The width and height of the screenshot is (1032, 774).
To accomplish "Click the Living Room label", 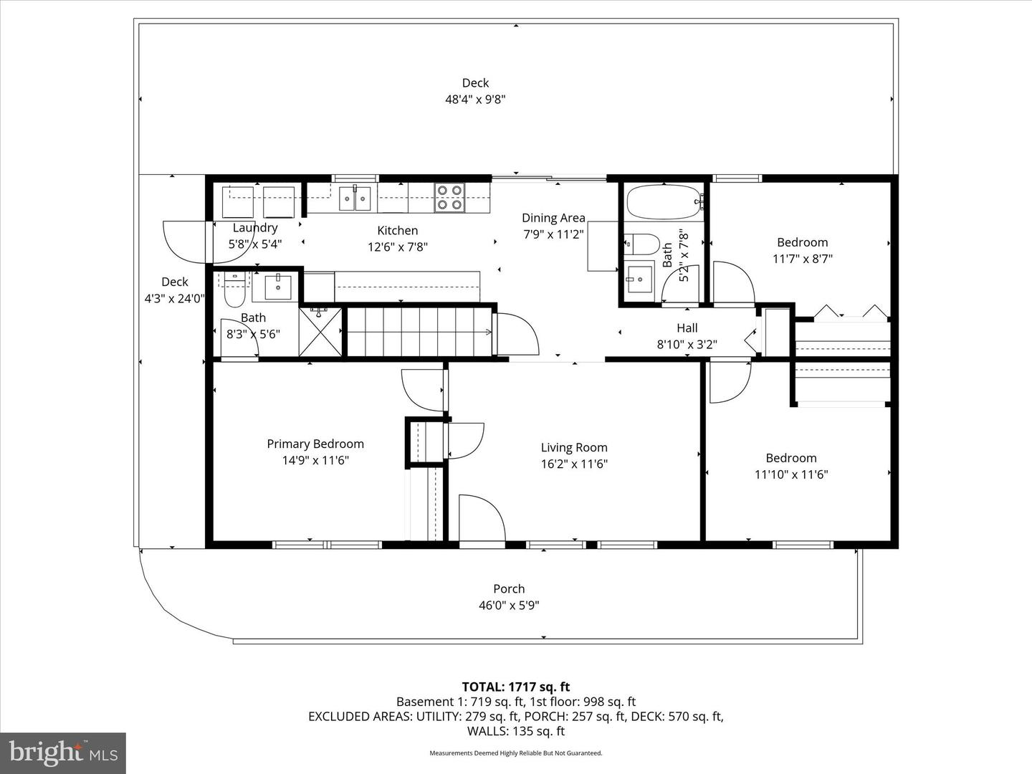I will pos(574,448).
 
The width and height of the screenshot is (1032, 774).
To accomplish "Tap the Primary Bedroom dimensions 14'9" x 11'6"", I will pos(315,460).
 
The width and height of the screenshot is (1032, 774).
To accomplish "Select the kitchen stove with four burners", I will pos(449,198).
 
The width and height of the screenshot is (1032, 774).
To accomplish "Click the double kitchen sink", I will pos(355,198).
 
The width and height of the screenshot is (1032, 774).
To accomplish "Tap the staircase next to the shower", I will pos(419,331).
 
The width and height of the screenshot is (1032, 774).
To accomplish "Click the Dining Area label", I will pos(553,218).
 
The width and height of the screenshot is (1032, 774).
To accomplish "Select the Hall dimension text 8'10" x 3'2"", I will pos(687,344).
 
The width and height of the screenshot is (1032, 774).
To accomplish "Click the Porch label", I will pos(509,589).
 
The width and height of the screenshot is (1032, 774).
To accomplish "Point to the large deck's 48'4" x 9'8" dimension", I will pos(475,100).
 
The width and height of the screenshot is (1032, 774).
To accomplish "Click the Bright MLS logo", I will pos(62,752).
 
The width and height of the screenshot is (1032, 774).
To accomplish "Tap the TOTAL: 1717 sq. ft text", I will pos(515,687).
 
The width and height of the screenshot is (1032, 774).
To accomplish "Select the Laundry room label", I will pos(255,228).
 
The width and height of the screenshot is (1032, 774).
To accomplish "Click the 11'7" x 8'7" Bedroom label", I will pos(802,243).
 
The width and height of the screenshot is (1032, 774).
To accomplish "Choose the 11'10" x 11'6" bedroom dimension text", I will pos(791,474).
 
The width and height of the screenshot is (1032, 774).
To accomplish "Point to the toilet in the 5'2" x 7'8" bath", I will pos(641,244).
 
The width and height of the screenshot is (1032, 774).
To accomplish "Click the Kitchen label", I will pos(398,231).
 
